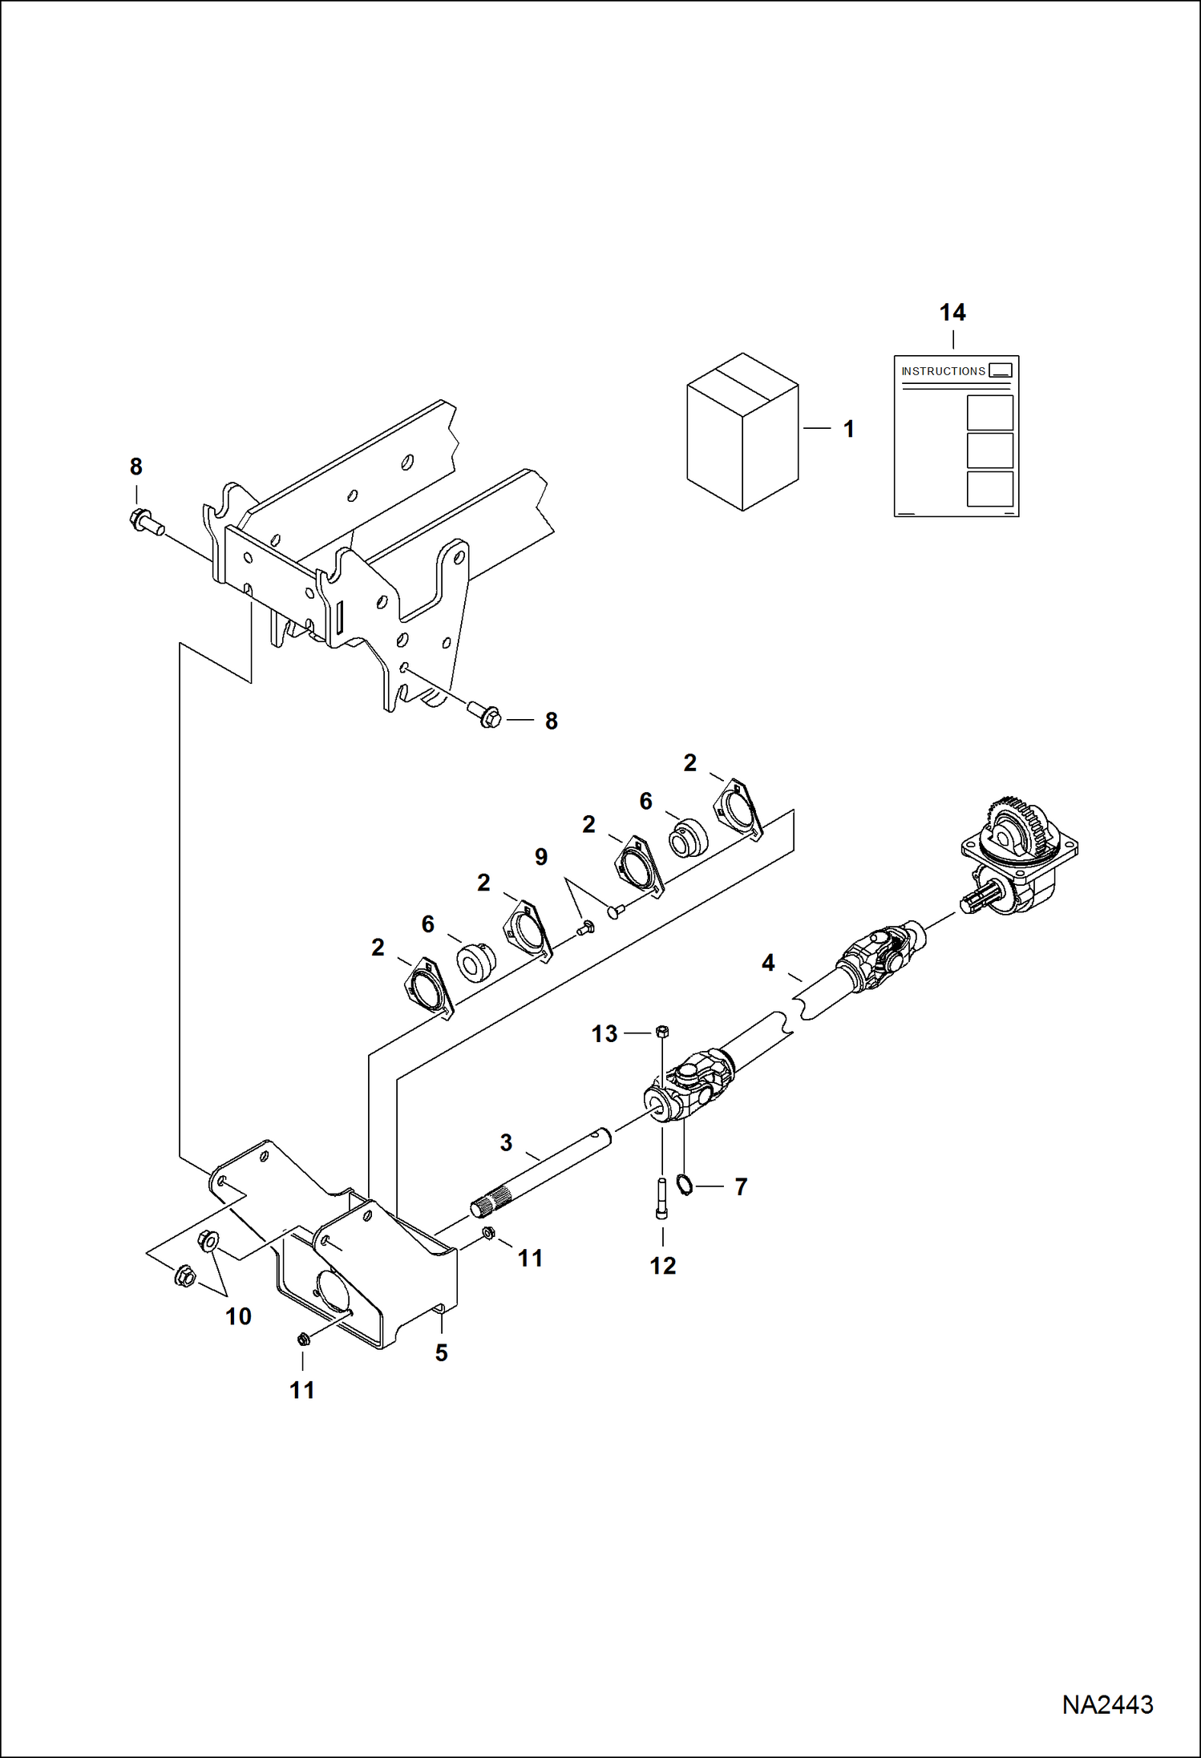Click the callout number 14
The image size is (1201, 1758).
[952, 313]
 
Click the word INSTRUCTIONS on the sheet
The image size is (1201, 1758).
[943, 371]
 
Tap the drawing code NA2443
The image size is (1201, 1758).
[1107, 1704]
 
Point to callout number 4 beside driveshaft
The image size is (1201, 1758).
[768, 963]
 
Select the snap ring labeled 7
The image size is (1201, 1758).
[685, 1184]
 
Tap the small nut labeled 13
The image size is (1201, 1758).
[662, 1031]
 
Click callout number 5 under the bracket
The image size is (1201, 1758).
[441, 1353]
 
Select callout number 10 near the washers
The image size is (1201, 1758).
[238, 1316]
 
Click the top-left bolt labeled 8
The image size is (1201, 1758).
[144, 521]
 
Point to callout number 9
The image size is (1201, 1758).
[541, 857]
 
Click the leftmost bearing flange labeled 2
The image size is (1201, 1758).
[427, 988]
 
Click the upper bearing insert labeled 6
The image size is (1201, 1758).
[688, 838]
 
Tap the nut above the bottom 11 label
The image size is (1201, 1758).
[303, 1338]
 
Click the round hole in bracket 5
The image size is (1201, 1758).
[330, 1285]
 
